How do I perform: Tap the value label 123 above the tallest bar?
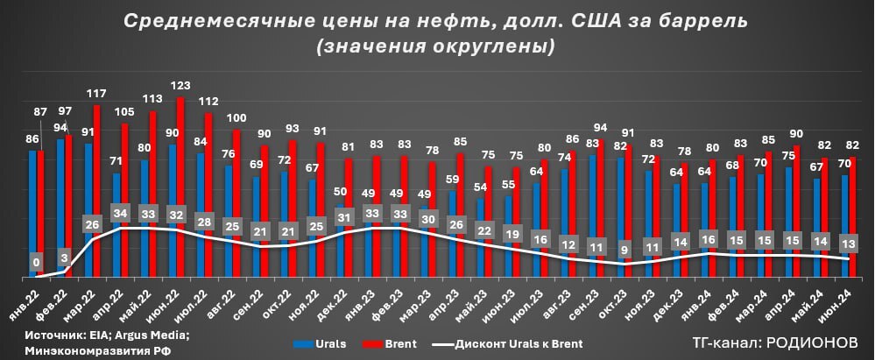pos(180,86)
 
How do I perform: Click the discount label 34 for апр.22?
pos(119,213)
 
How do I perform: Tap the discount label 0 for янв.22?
pos(36,261)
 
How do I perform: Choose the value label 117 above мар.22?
pos(96,94)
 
